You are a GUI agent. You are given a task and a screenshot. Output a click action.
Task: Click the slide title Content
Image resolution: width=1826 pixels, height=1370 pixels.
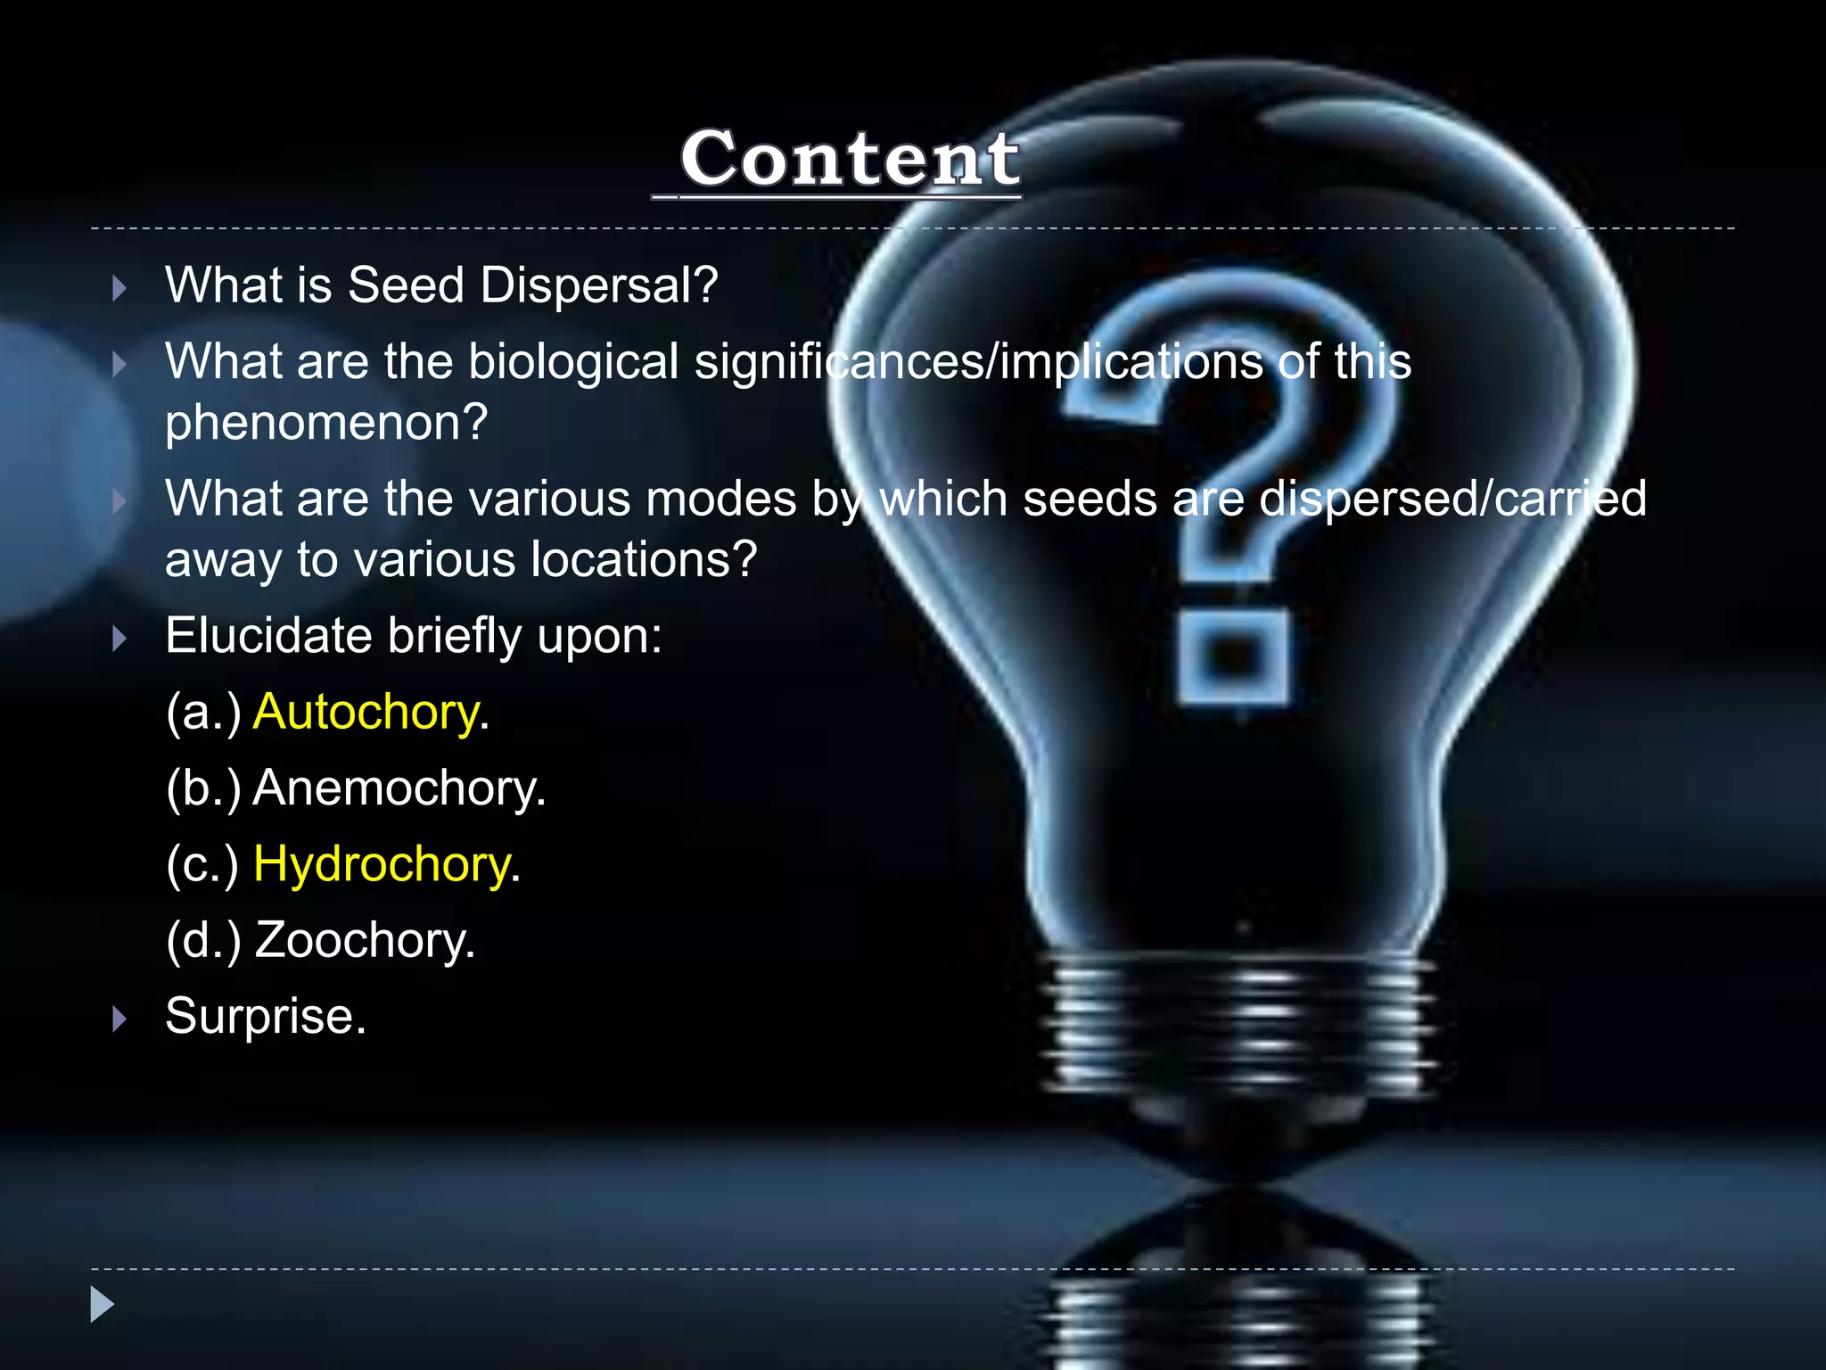coord(849,159)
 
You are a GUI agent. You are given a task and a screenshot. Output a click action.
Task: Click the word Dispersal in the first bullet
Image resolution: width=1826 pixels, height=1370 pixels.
coord(598,285)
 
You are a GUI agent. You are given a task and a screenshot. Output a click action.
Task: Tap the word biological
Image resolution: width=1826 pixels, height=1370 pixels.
coord(573,362)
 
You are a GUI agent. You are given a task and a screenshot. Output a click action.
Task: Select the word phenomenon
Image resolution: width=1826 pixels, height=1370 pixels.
coord(326,423)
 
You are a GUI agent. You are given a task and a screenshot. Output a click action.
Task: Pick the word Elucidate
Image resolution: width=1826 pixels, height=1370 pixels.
coord(268,636)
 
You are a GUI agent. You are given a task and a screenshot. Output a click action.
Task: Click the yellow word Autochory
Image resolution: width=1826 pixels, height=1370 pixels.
coord(366,713)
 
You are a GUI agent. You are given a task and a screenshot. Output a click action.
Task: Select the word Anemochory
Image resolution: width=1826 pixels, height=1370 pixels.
coord(399,788)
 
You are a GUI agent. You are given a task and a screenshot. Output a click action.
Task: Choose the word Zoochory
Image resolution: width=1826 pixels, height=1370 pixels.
coord(365,940)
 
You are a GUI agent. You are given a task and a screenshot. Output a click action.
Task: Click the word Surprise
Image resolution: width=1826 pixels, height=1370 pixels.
coord(265,1016)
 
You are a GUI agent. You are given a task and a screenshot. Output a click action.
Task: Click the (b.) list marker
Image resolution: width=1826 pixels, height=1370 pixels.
coord(203,788)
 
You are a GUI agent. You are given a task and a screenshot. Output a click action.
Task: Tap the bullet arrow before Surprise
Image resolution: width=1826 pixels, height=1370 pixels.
coord(119,1019)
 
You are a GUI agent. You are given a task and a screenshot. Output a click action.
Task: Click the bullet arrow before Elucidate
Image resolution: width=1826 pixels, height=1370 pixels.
coord(119,639)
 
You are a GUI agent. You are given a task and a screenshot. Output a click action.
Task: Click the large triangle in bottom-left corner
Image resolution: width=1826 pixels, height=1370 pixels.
coord(103,1304)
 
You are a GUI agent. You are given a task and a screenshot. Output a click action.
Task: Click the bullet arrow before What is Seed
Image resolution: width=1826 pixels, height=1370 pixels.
coord(119,288)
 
